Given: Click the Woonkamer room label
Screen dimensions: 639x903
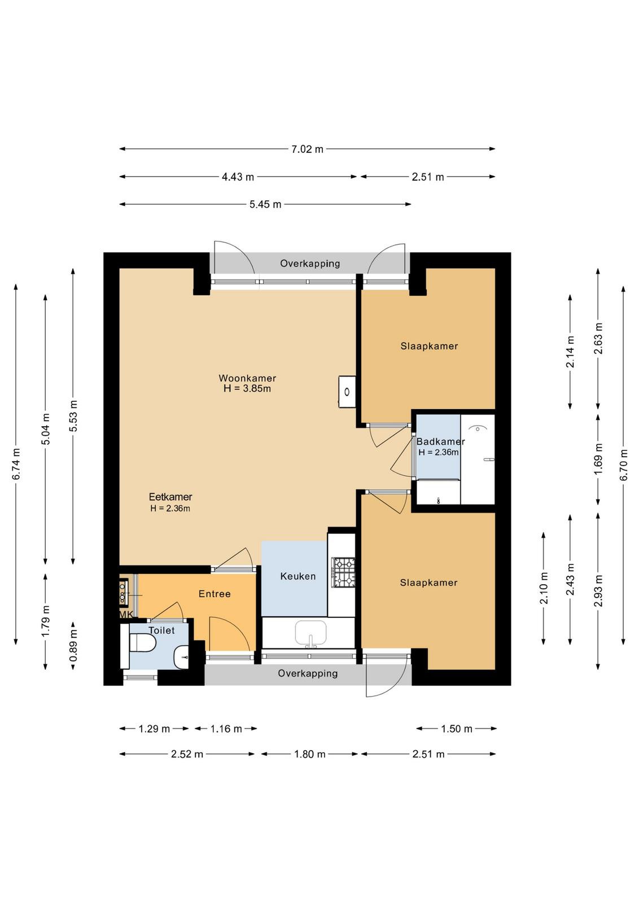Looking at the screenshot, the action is tap(247, 378).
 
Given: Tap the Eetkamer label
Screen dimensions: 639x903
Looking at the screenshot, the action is tap(170, 497).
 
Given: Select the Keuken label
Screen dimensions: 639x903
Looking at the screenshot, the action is tap(298, 576).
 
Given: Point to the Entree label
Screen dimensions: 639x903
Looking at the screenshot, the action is tap(215, 593).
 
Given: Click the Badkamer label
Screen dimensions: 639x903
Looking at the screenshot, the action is tap(440, 441).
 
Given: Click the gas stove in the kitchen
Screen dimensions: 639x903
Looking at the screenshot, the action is tap(343, 572).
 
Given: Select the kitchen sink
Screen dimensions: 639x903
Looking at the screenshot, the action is tap(310, 633).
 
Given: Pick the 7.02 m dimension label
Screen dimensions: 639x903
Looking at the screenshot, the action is tap(307, 149).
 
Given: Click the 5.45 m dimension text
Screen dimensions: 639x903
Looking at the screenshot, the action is tap(265, 204).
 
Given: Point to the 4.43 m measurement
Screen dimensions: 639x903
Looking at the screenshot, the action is tap(238, 177).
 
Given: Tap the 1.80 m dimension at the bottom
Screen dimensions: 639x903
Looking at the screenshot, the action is tap(309, 754).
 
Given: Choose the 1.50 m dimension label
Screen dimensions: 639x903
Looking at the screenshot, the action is tap(456, 729).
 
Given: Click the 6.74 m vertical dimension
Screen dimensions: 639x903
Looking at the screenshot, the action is tap(16, 463).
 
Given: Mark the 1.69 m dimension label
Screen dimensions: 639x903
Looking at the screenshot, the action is tap(598, 459).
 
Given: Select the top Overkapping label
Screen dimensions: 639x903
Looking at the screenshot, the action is tap(310, 263).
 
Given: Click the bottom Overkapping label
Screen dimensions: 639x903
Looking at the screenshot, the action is tap(308, 673).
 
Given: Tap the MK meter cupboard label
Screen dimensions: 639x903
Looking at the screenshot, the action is tap(126, 615).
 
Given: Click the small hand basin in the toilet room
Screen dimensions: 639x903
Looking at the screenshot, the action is tap(181, 657).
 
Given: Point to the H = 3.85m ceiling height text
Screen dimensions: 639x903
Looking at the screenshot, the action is tap(247, 389).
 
